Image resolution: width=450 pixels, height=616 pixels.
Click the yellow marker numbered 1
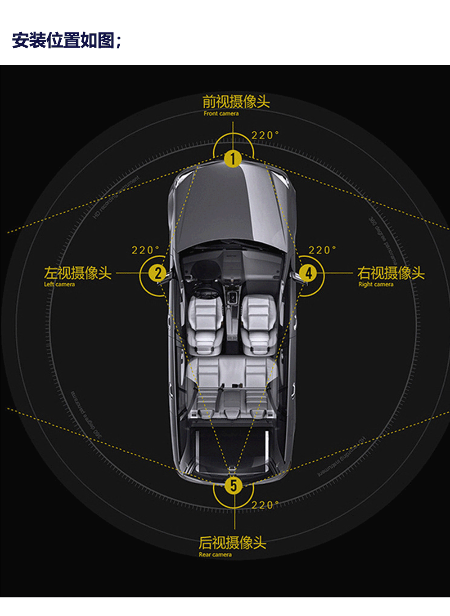pyautogui.click(x=233, y=159)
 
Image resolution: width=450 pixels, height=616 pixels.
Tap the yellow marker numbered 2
pyautogui.click(x=157, y=273)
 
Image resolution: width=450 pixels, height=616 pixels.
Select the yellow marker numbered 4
pyautogui.click(x=308, y=273)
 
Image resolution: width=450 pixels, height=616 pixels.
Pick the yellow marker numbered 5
pyautogui.click(x=234, y=485)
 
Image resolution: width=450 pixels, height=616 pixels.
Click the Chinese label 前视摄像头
pyautogui.click(x=236, y=102)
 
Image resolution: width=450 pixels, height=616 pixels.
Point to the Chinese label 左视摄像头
pyautogui.click(x=77, y=273)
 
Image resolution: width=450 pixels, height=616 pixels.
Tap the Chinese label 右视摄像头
pyautogui.click(x=391, y=273)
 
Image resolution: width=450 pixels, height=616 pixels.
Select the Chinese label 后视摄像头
pyautogui.click(x=232, y=543)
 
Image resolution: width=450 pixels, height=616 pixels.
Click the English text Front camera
pyautogui.click(x=221, y=113)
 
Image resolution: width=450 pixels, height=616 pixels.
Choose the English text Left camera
pyautogui.click(x=59, y=284)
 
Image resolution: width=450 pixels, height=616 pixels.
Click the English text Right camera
pyautogui.click(x=376, y=284)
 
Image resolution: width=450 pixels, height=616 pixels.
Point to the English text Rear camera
pyautogui.click(x=215, y=554)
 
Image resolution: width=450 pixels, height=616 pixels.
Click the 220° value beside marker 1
pyautogui.click(x=265, y=135)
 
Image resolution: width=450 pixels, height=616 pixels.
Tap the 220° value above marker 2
pyautogui.click(x=145, y=250)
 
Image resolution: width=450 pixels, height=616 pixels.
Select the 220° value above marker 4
pyautogui.click(x=322, y=250)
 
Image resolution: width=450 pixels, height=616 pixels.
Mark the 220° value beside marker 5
pyautogui.click(x=265, y=505)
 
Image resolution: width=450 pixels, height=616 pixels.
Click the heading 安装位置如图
pyautogui.click(x=66, y=40)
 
